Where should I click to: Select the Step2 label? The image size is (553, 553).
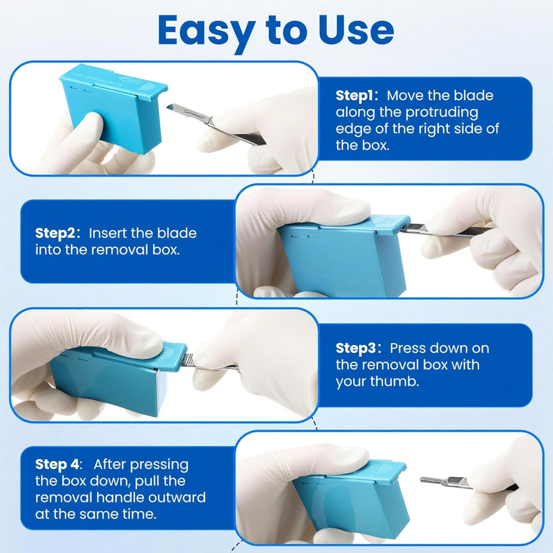[58, 233]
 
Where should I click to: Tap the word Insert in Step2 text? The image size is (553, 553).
[109, 233]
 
